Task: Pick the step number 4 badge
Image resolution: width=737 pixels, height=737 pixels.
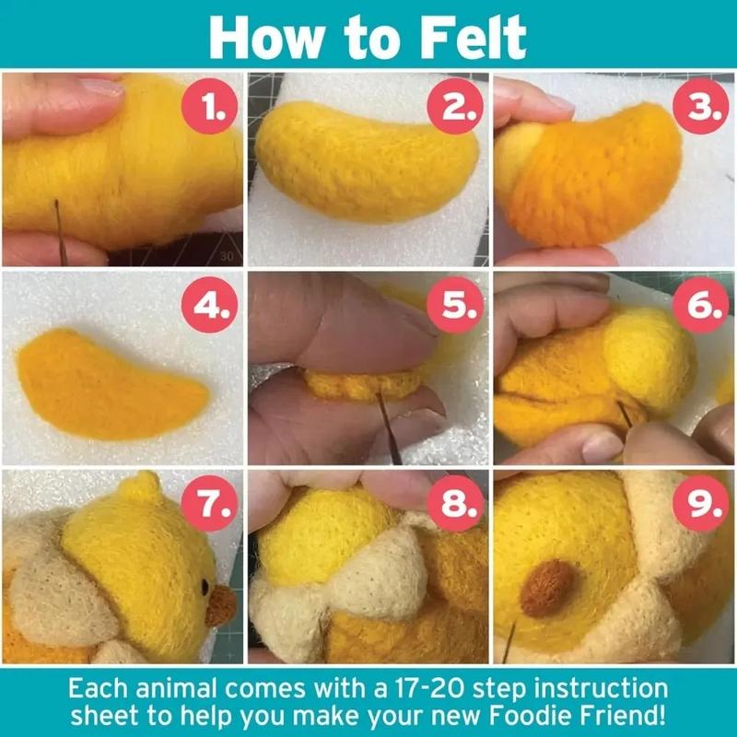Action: (214, 308)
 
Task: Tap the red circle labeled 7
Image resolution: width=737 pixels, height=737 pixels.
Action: (214, 504)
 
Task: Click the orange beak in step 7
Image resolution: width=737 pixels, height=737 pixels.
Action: (221, 605)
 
